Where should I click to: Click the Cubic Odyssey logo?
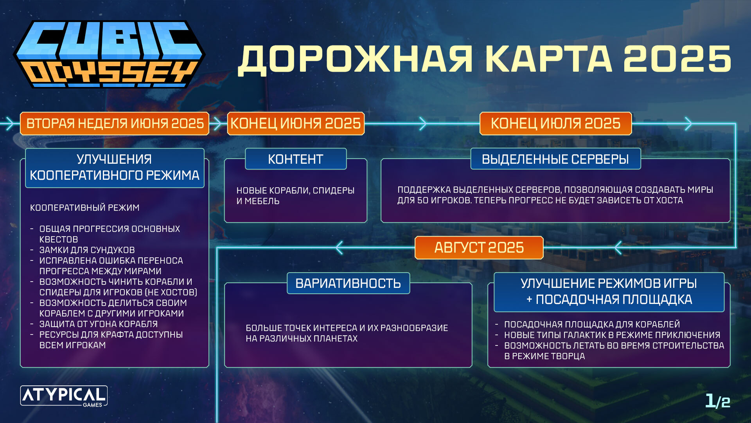tap(109, 54)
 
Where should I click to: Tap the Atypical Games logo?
tap(64, 396)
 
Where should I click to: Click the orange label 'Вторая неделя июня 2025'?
tap(115, 123)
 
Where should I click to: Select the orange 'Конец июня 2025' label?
tap(296, 123)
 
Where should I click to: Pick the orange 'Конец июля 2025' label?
tap(555, 123)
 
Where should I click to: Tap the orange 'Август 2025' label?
tap(479, 248)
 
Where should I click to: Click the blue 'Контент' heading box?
tap(296, 159)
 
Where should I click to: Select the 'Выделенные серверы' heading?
tap(555, 159)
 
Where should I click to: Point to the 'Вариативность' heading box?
tap(348, 283)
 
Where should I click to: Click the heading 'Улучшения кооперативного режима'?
tap(115, 168)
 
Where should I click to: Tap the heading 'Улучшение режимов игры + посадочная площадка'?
tap(609, 292)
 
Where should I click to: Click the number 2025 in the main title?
tap(677, 59)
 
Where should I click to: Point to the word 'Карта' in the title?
tap(548, 59)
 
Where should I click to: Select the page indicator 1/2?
tap(718, 401)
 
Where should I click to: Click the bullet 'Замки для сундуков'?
tap(87, 250)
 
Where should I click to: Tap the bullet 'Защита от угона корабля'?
tap(98, 324)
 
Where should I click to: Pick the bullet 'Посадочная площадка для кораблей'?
tap(592, 324)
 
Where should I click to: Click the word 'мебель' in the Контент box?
tap(262, 201)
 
